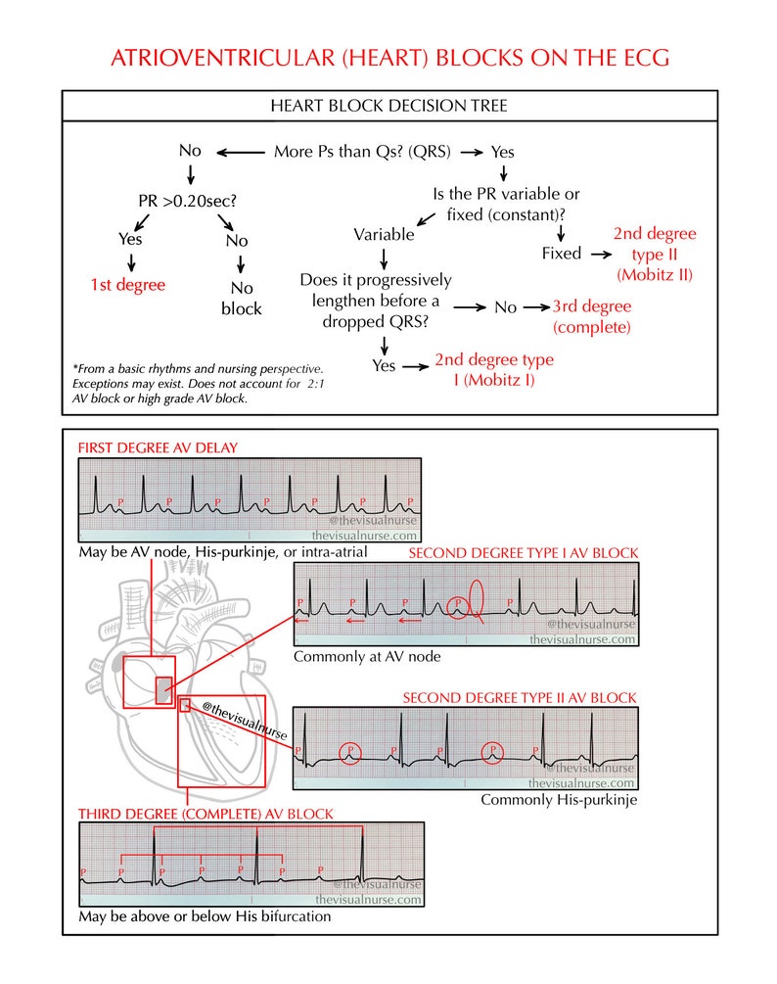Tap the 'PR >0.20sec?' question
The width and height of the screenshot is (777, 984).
pos(187,203)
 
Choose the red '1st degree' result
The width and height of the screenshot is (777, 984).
pos(127,285)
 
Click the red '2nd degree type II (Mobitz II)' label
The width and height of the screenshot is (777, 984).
pos(655,254)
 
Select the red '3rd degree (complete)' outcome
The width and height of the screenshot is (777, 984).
pos(591,315)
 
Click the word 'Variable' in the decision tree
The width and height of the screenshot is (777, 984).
pos(384,235)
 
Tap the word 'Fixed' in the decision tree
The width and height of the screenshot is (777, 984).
pos(561,254)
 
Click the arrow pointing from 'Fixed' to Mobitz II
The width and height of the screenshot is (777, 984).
pos(596,254)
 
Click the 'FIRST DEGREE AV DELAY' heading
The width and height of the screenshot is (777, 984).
pos(158,448)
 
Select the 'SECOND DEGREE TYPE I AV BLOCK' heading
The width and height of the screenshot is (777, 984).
pos(523,553)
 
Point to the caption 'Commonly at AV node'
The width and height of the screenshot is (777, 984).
pos(366,656)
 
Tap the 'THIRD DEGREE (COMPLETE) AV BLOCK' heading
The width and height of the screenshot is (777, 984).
pos(206,814)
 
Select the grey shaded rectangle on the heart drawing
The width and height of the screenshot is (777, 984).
pos(163,690)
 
